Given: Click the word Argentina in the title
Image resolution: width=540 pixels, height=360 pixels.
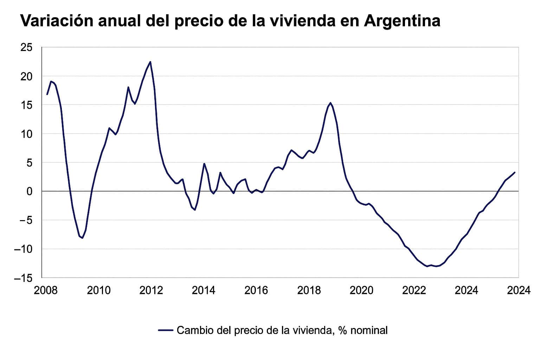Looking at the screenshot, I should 401,21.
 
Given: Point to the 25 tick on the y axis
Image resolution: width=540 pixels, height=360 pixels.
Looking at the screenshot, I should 27,47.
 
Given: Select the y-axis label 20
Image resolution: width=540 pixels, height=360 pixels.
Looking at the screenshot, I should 27,76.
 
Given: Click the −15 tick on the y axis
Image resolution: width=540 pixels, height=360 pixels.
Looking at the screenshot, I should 23,278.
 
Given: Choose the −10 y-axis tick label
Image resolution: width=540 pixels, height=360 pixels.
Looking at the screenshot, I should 23,249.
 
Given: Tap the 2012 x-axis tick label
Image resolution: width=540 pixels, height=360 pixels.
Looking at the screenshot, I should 151,290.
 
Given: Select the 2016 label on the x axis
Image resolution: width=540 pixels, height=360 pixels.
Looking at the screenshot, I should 256,290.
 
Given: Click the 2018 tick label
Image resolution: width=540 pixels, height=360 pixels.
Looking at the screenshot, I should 309,290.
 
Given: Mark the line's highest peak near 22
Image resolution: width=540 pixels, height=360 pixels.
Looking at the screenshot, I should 150,62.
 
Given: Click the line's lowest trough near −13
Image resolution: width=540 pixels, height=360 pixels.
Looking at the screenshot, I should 427,266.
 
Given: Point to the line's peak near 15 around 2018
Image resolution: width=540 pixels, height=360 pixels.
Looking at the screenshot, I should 330,103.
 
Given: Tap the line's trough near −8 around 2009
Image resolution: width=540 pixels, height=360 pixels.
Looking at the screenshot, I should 83,238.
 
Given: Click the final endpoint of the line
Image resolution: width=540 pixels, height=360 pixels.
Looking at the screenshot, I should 515,172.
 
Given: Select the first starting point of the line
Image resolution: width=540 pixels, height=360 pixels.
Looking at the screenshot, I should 47,94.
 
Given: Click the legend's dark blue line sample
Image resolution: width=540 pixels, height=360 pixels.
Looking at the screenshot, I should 166,330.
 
